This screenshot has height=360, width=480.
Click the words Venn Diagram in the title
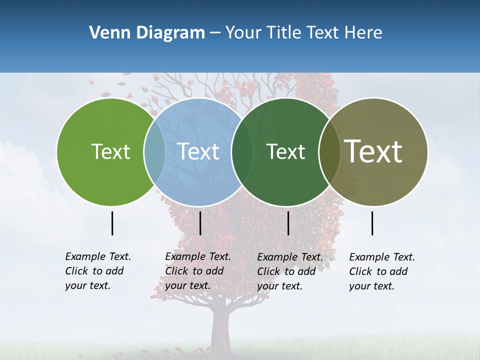tap(147, 33)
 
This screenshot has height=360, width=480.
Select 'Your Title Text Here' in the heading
tap(303, 33)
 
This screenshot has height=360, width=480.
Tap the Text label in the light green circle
tap(110, 151)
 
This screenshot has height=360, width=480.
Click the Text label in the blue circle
tap(198, 151)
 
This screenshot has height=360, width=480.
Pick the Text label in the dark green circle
tap(286, 151)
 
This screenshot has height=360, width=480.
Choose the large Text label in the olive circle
tap(373, 151)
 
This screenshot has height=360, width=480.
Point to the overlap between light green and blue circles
tap(154, 151)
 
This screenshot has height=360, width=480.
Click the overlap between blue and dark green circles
tap(242, 151)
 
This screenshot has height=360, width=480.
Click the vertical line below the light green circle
tap(112, 223)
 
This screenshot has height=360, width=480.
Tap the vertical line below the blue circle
tap(200, 223)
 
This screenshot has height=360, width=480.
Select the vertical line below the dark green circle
tap(288, 223)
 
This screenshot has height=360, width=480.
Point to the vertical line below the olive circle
tap(372, 223)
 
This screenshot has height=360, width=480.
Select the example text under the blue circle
tap(198, 271)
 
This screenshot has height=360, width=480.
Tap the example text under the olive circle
tap(382, 271)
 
